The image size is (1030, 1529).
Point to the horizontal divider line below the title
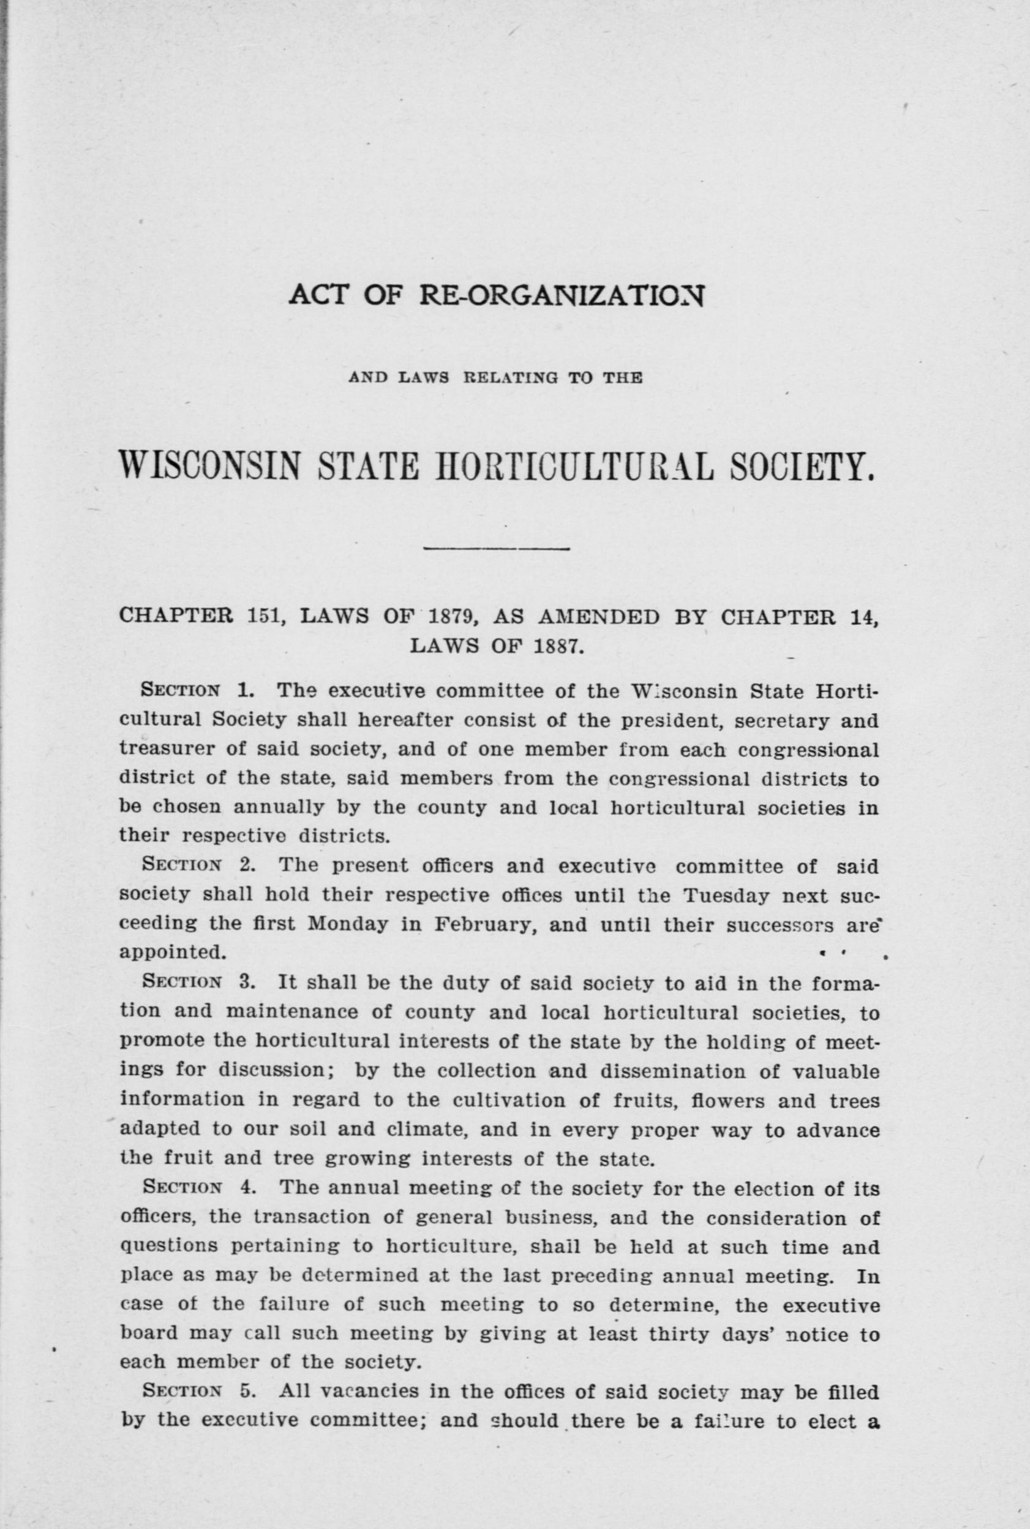(497, 549)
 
